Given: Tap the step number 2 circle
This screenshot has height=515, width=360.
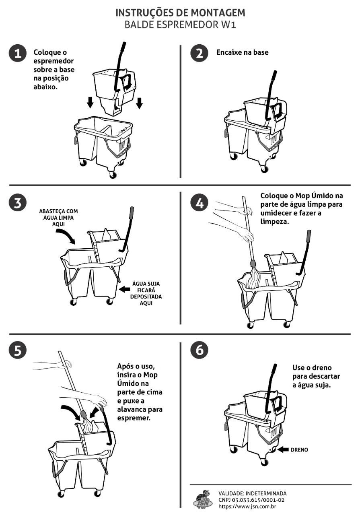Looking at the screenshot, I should pyautogui.click(x=200, y=54).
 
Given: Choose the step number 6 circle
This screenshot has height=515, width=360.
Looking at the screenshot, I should pyautogui.click(x=200, y=351).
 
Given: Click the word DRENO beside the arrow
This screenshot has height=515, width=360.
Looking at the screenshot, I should pyautogui.click(x=299, y=450).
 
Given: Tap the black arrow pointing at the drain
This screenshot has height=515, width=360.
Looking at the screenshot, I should pyautogui.click(x=282, y=449).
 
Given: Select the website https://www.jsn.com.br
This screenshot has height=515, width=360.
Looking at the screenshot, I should pyautogui.click(x=247, y=506).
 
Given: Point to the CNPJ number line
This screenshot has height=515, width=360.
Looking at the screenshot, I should pyautogui.click(x=251, y=500).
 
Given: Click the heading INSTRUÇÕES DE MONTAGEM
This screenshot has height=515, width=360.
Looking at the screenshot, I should pyautogui.click(x=180, y=13).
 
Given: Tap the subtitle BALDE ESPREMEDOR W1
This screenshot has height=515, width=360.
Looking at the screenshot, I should pyautogui.click(x=180, y=24).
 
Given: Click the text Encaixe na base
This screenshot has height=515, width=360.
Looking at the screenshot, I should pyautogui.click(x=242, y=52).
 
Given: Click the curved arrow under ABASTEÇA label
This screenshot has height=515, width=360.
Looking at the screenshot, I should pyautogui.click(x=66, y=237).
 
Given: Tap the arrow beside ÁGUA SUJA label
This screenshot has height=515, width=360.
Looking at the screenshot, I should pyautogui.click(x=125, y=289).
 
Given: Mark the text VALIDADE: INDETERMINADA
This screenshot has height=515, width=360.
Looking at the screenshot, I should pyautogui.click(x=253, y=493).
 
